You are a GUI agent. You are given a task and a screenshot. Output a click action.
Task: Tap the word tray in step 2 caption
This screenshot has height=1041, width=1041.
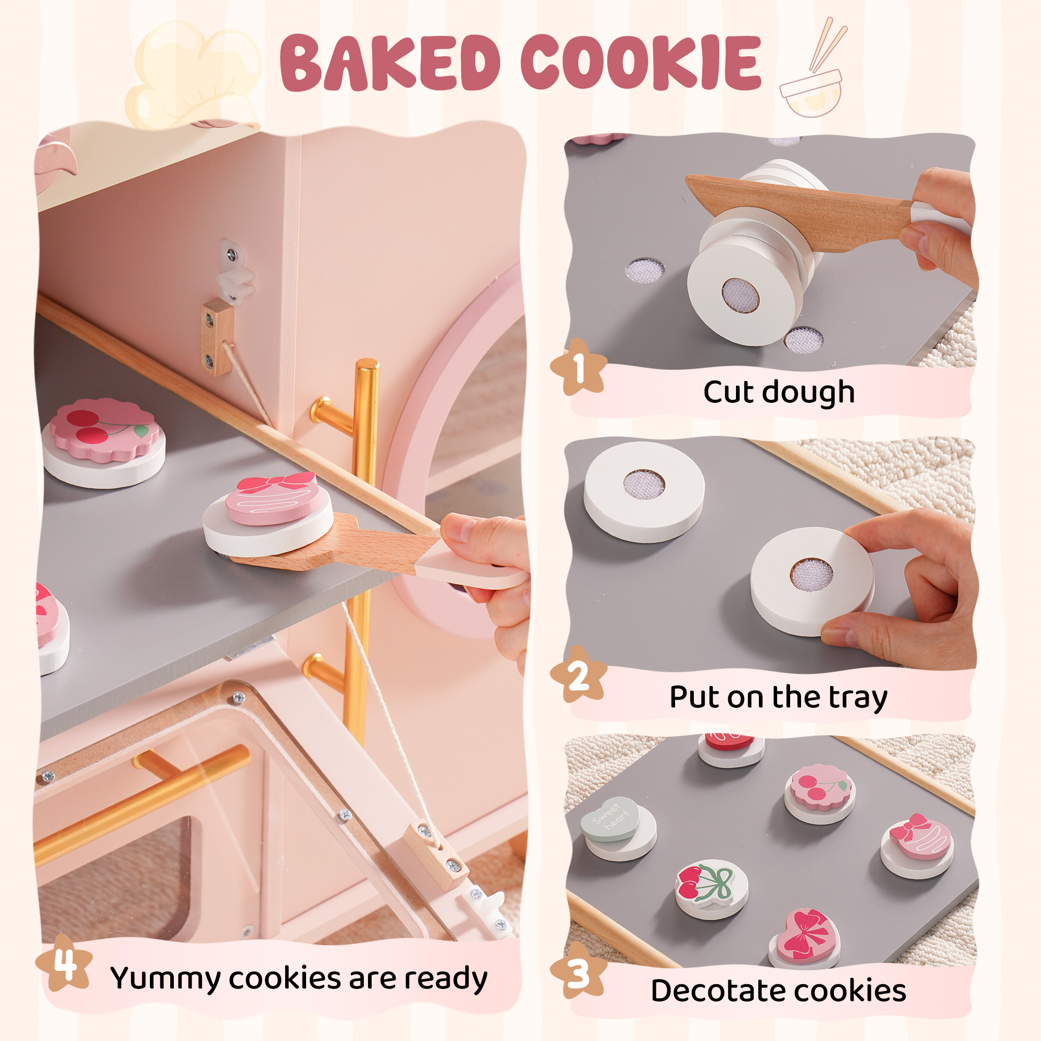pyautogui.click(x=857, y=698)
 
